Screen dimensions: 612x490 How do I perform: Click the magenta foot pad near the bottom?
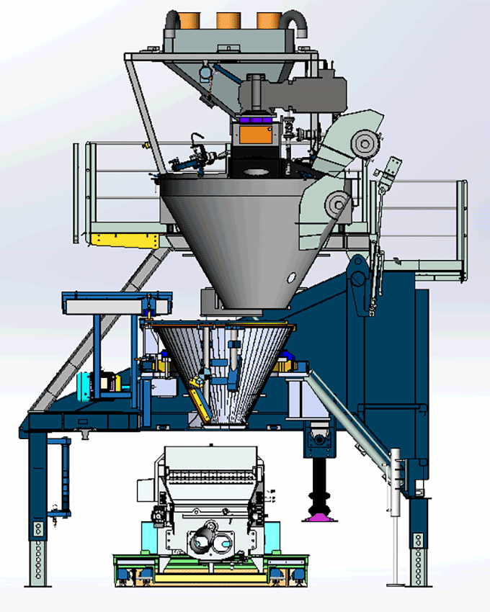pos(318,516)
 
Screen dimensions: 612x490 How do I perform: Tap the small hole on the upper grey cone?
pos(291,276)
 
